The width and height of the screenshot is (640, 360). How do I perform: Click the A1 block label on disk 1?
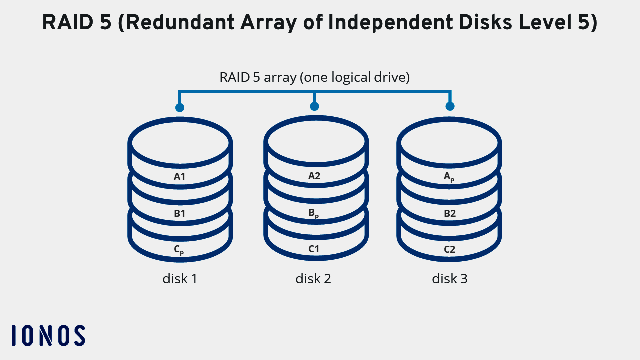[180, 176]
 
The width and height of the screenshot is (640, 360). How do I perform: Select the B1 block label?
[180, 213]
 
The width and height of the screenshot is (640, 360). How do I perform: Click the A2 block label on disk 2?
[314, 176]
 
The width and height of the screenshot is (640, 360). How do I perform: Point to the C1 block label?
[314, 249]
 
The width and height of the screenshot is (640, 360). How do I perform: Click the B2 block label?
[450, 213]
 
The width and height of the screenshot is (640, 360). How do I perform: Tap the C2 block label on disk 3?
[450, 249]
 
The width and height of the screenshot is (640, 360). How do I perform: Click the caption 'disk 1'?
[180, 278]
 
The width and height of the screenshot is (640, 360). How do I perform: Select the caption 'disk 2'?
[313, 278]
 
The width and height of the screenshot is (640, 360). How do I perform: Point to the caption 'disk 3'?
[450, 278]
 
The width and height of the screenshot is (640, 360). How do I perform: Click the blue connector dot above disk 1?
[180, 108]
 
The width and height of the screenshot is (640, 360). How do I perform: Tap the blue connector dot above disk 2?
[314, 106]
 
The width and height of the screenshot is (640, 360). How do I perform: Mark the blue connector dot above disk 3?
[450, 106]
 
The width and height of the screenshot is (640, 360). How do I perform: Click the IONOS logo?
[48, 335]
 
